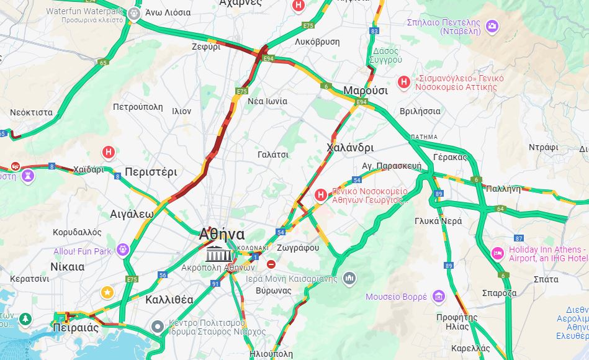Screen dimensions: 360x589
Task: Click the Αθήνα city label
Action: point(222,235)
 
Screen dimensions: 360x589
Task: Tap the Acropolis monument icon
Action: point(218,254)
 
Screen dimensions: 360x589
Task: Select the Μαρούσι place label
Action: point(366,91)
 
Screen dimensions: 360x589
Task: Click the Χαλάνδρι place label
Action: point(350,148)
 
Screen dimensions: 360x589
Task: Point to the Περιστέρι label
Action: point(151,172)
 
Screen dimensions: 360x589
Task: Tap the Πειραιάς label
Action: point(76,328)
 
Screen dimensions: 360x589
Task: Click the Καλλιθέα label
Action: point(169,300)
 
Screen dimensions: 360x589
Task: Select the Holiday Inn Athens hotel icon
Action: point(497,253)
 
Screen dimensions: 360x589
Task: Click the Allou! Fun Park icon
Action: point(122,250)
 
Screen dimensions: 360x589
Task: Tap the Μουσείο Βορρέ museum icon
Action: point(439,296)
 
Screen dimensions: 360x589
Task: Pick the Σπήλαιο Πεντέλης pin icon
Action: point(492,26)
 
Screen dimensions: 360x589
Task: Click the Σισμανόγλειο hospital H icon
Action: point(404,82)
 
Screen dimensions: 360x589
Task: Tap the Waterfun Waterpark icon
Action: point(134,12)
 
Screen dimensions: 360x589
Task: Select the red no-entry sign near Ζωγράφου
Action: point(271,264)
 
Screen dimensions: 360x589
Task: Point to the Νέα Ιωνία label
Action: point(268,101)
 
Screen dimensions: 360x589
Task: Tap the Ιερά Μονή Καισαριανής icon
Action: point(349,278)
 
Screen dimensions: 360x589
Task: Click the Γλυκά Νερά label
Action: point(438,221)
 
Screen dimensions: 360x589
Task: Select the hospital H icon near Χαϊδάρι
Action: point(109,151)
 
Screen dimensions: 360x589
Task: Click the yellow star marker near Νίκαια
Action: point(108,292)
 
